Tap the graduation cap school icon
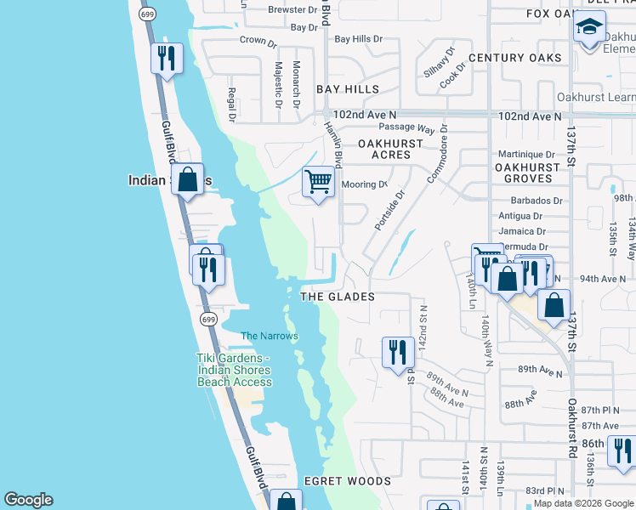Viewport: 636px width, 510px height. click(x=589, y=28)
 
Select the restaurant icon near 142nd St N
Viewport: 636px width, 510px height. click(x=398, y=351)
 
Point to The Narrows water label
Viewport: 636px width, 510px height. click(x=270, y=336)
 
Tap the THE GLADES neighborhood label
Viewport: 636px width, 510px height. click(x=338, y=297)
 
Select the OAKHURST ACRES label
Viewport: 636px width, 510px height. click(x=390, y=150)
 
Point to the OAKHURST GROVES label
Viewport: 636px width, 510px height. click(x=527, y=173)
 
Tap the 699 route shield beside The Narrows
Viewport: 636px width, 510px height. click(x=209, y=319)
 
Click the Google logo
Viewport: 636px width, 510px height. click(x=28, y=500)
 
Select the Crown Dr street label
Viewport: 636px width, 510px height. click(x=258, y=40)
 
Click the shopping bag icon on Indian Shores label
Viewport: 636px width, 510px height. click(x=188, y=179)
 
